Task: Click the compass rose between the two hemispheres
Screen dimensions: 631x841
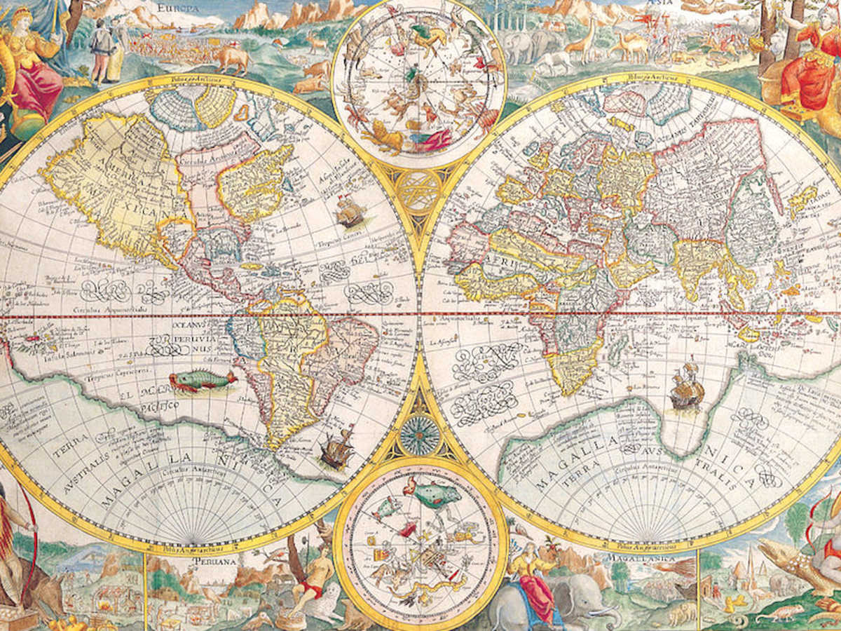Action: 420,435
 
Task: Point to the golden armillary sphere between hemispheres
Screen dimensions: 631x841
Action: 419,190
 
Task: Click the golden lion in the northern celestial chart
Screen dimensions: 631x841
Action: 383,136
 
